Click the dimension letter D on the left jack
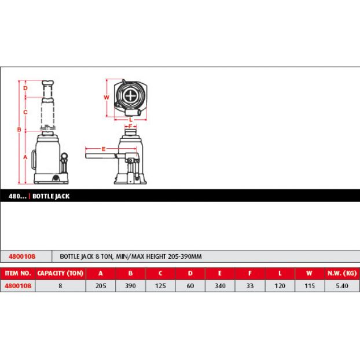25,88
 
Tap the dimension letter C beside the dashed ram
25,112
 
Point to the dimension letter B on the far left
19,130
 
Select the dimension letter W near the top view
106,97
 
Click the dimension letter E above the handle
104,149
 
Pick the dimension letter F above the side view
130,126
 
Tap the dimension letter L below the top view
131,120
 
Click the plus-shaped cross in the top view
131,95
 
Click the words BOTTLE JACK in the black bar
51,196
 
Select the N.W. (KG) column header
342,273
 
